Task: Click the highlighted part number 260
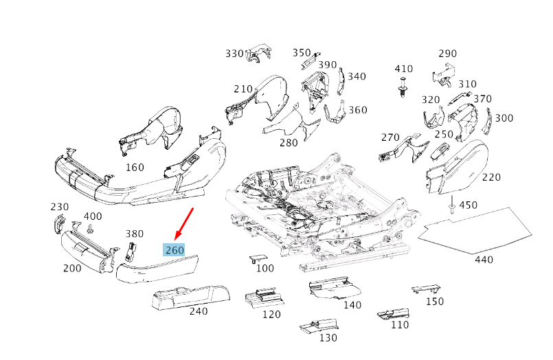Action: coord(174,250)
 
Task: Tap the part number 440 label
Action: coord(484,260)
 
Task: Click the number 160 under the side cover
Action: coord(135,167)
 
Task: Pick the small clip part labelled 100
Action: coord(256,259)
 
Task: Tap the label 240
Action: coord(198,311)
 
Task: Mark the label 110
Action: coord(398,325)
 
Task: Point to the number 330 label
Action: coord(234,54)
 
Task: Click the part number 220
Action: coord(491,177)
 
